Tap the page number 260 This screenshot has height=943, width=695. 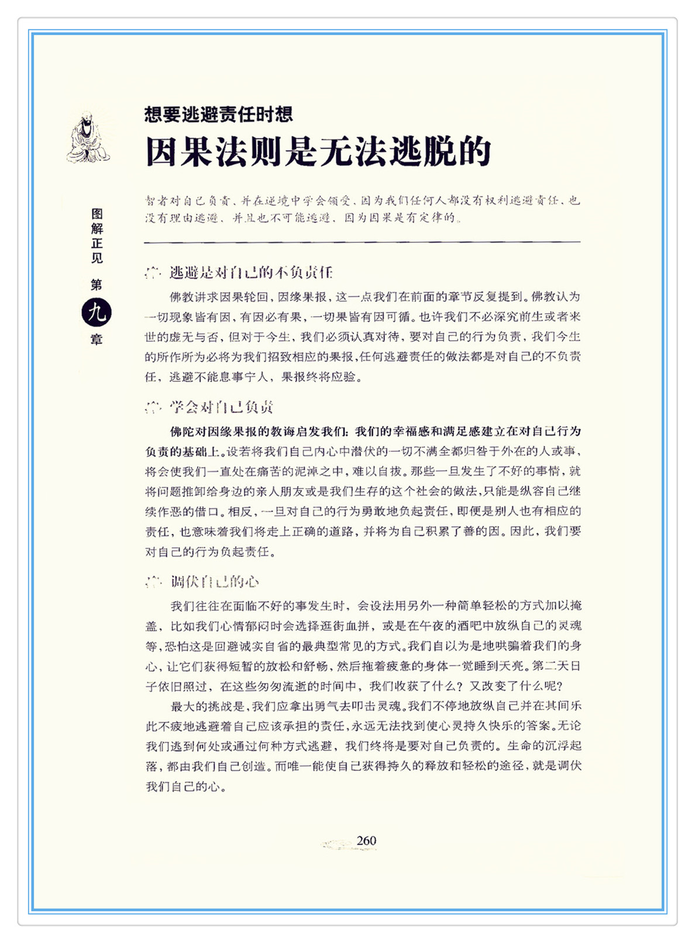point(366,841)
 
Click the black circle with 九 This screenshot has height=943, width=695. point(97,313)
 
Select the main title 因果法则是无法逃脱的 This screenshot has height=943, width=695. point(318,152)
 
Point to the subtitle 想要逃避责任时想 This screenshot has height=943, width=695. point(218,114)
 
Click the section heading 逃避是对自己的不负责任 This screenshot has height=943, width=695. point(251,272)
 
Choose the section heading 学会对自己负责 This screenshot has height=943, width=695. point(222,407)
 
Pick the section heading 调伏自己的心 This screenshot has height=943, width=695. point(215,582)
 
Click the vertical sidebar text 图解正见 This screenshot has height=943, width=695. point(97,236)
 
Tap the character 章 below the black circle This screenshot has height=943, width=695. point(97,340)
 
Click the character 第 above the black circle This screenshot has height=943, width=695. point(97,285)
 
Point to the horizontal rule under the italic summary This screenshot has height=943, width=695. point(362,242)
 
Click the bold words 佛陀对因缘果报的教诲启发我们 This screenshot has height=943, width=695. point(259,431)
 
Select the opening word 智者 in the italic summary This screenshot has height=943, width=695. point(157,201)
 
